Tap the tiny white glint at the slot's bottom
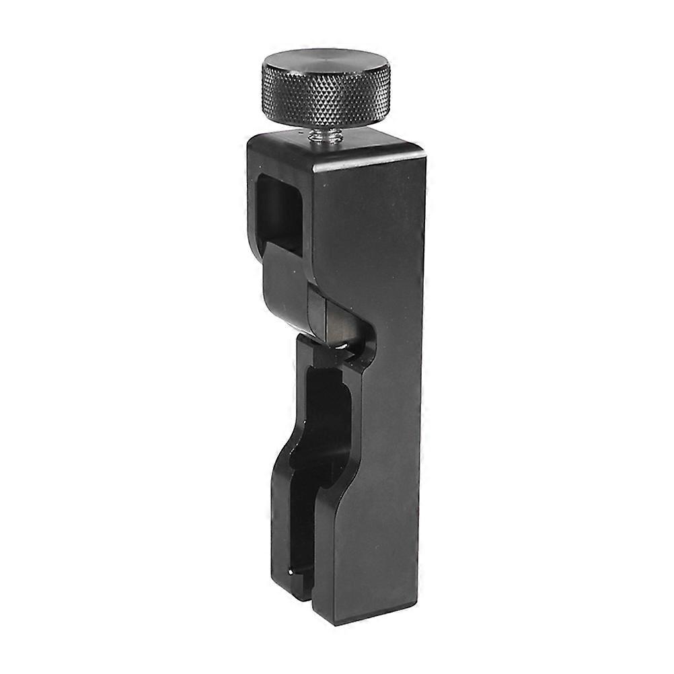tap(291, 572)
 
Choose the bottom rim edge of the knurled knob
tap(326, 123)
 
